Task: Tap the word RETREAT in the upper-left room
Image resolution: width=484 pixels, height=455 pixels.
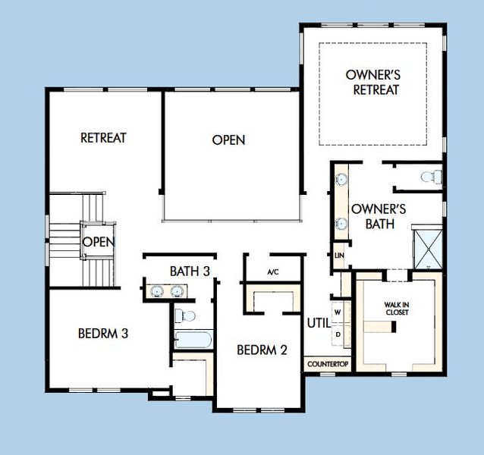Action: (103, 138)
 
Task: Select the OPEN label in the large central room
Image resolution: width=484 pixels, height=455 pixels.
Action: (228, 140)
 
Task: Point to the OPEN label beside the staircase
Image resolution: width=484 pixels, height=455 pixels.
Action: (98, 242)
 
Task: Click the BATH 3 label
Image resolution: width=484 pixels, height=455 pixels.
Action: (190, 271)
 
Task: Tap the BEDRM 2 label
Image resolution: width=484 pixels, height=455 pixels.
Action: (262, 350)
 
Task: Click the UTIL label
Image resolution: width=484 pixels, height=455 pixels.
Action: (318, 322)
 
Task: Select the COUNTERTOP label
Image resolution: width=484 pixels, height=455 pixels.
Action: (328, 365)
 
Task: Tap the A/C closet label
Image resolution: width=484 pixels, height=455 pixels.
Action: (272, 271)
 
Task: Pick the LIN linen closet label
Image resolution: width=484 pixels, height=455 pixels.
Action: (338, 256)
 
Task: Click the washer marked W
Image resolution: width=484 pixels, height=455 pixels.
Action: (338, 311)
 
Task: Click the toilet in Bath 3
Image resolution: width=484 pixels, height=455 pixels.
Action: (185, 315)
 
